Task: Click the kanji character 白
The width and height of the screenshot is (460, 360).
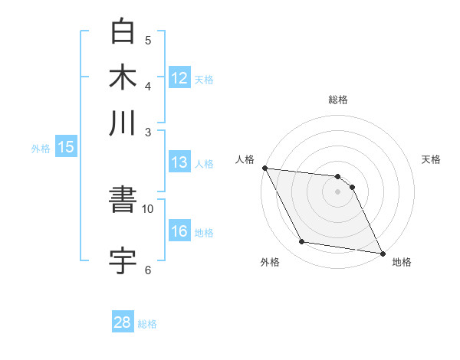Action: (123, 31)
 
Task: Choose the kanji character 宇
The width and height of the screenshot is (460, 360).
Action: (123, 260)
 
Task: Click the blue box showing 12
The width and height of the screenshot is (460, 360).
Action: (179, 77)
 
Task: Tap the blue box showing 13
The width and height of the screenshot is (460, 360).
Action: (179, 162)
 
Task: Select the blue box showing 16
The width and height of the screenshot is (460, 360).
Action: (179, 232)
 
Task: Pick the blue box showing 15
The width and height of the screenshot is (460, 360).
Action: (66, 148)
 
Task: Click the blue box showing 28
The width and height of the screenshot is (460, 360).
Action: (123, 322)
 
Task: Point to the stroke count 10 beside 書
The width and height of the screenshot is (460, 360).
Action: (148, 208)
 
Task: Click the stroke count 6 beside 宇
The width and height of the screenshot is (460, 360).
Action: (148, 270)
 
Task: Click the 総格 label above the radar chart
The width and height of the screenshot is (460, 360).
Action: (338, 100)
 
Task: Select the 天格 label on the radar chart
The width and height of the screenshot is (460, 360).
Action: (431, 159)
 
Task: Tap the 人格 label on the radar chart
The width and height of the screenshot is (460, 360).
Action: (245, 159)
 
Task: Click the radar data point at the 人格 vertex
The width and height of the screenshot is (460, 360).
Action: (264, 168)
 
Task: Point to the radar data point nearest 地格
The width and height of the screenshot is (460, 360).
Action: (381, 253)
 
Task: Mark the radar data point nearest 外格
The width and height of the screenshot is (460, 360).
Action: (302, 242)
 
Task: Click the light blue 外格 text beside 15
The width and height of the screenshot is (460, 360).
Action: (41, 149)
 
